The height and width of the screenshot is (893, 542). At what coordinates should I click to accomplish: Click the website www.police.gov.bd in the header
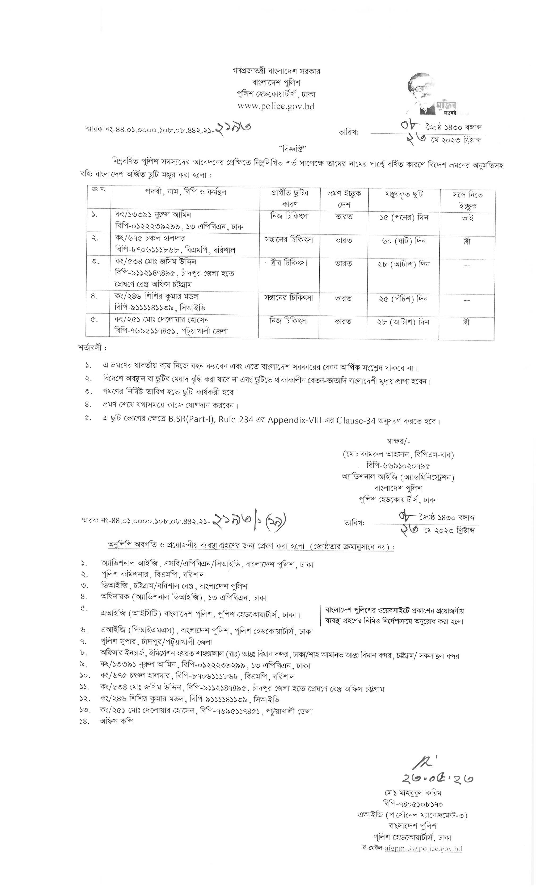(x=276, y=106)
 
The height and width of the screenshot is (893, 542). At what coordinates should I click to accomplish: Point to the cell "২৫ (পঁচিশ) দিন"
(x=403, y=299)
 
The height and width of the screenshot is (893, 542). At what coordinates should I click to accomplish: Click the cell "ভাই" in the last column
(x=467, y=218)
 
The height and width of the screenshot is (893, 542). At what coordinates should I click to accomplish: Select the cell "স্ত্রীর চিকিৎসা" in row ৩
(x=289, y=263)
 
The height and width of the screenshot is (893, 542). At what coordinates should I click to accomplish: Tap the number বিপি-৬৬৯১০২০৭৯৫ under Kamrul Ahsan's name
(x=399, y=466)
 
